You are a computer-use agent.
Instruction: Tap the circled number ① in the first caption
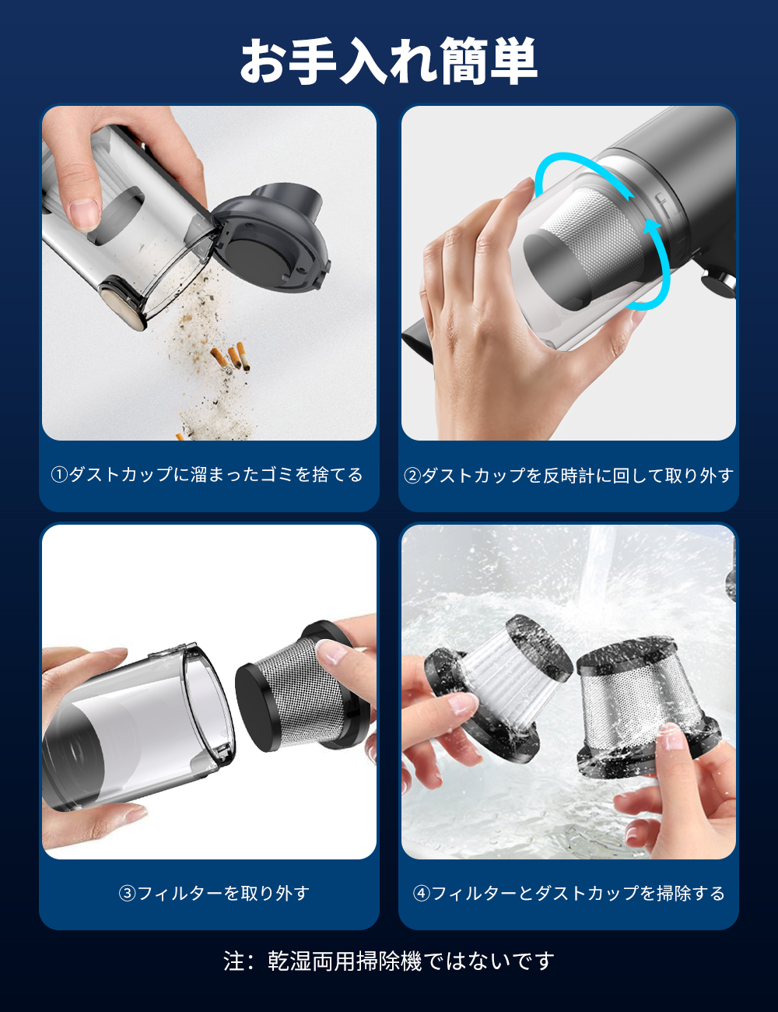(59, 475)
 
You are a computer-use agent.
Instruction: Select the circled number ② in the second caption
(412, 476)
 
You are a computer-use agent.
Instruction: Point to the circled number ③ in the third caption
(127, 893)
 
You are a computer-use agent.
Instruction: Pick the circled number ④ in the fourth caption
(422, 893)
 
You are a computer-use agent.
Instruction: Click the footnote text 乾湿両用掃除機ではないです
(412, 961)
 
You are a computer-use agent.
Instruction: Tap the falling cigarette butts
(231, 357)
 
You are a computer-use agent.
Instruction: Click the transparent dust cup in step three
(139, 726)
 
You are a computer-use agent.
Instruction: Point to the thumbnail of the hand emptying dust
(209, 273)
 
